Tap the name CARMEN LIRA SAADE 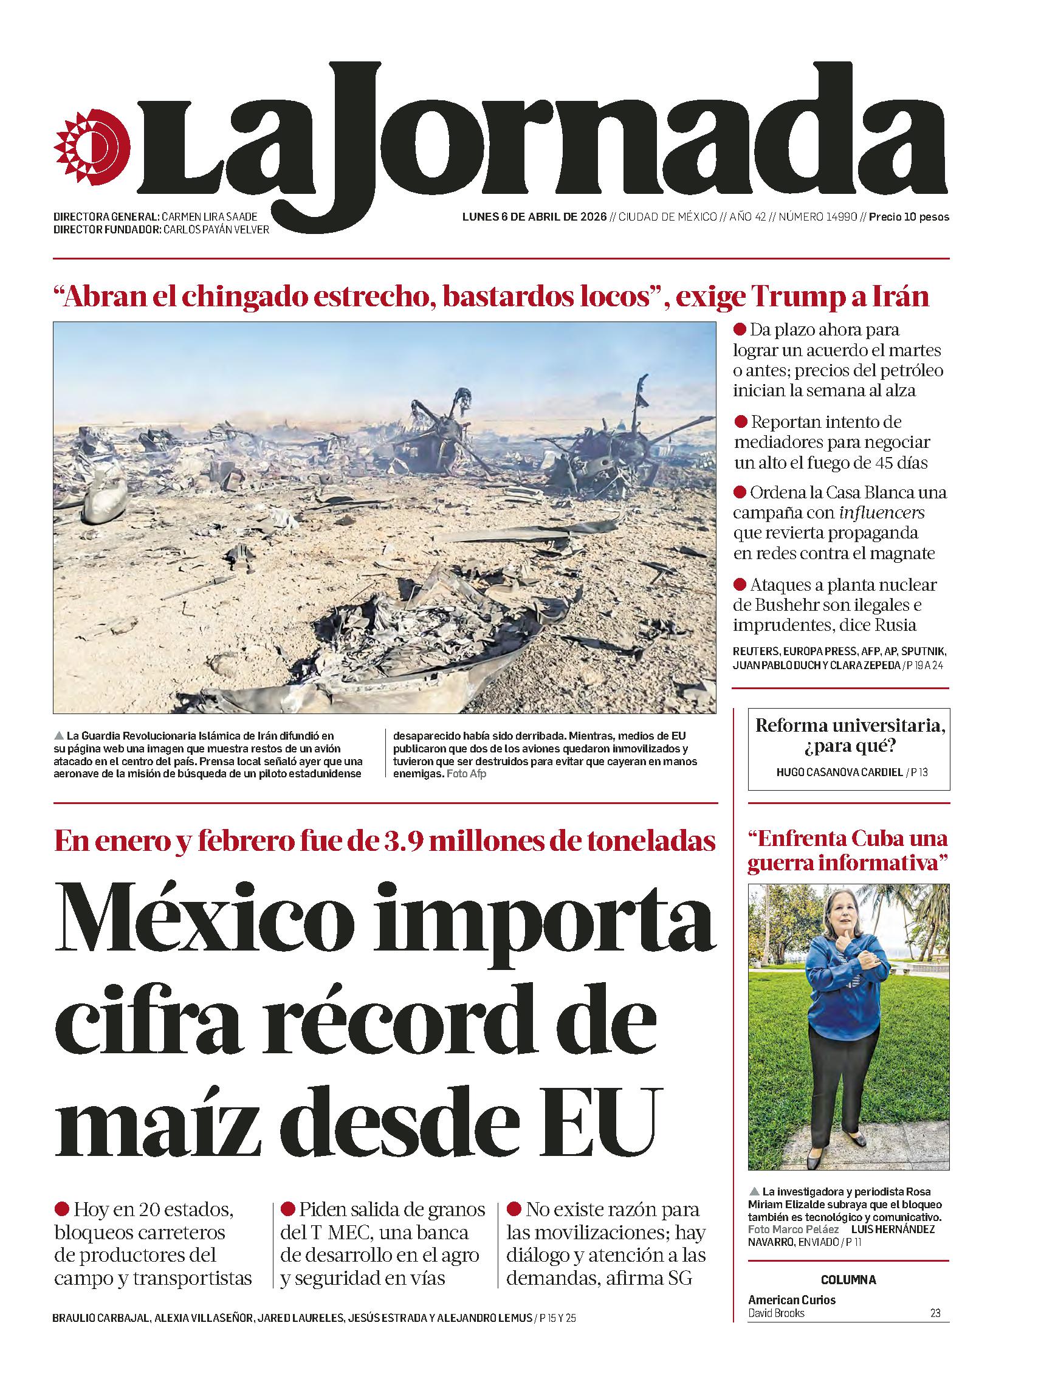click(209, 217)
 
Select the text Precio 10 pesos click(909, 217)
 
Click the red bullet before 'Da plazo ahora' click(740, 329)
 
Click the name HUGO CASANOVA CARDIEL click(839, 772)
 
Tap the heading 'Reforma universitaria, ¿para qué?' click(848, 735)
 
